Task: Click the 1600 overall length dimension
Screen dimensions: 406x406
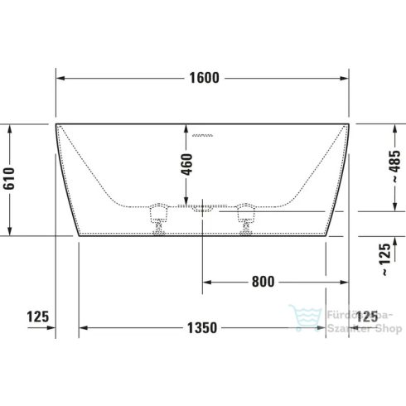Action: coord(202,79)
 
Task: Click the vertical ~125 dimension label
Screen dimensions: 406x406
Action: coord(382,259)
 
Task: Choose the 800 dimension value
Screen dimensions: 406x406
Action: coord(263,282)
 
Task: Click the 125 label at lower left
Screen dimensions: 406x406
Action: coord(38,316)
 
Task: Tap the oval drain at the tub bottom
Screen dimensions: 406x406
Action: coord(203,210)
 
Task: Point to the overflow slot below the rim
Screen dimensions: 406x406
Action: coord(202,134)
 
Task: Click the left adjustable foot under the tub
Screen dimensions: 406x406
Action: coord(157,220)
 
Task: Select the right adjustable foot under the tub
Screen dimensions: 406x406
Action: coord(246,220)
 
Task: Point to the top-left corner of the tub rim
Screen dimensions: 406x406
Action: coord(56,124)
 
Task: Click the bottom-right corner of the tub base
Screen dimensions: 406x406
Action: coord(326,234)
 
